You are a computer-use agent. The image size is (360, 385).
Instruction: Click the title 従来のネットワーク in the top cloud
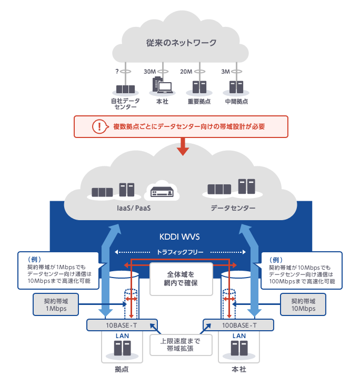point(181,43)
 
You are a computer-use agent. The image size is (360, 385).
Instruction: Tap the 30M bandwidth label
point(149,72)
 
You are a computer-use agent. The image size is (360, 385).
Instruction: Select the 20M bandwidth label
point(186,72)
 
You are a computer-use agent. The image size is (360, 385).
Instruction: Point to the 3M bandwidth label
point(225,72)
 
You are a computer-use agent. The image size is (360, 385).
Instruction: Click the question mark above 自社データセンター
point(116,72)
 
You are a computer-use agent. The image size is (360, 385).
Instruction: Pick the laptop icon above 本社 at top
point(165,87)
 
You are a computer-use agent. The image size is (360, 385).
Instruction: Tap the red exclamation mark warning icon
point(98,126)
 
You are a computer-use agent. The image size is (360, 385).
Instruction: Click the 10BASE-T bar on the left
point(122,325)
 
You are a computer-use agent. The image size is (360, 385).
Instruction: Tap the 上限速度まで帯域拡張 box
point(181,344)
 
